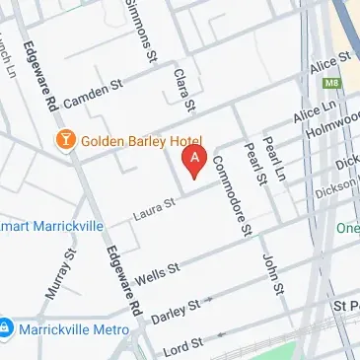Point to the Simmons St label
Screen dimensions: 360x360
(x=140, y=33)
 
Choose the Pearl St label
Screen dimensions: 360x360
(x=258, y=165)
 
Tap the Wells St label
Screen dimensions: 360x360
(x=160, y=268)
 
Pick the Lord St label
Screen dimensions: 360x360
(x=181, y=343)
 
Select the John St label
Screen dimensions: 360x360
(x=272, y=274)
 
